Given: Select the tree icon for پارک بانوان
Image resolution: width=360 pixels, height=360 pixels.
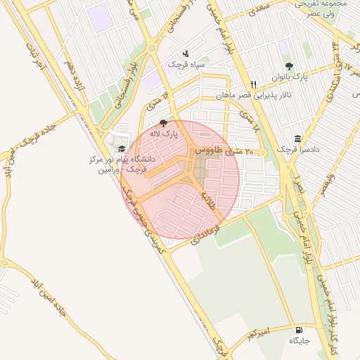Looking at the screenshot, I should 289,66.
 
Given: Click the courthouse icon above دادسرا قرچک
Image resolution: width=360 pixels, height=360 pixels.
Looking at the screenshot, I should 298,139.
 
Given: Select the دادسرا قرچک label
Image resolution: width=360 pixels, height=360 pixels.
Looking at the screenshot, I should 296,149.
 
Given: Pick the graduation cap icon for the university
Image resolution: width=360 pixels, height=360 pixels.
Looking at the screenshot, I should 122,148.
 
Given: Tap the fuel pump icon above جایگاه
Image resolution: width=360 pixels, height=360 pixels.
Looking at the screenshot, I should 300,330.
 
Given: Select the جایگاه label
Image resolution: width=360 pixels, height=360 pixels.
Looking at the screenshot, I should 299,341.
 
